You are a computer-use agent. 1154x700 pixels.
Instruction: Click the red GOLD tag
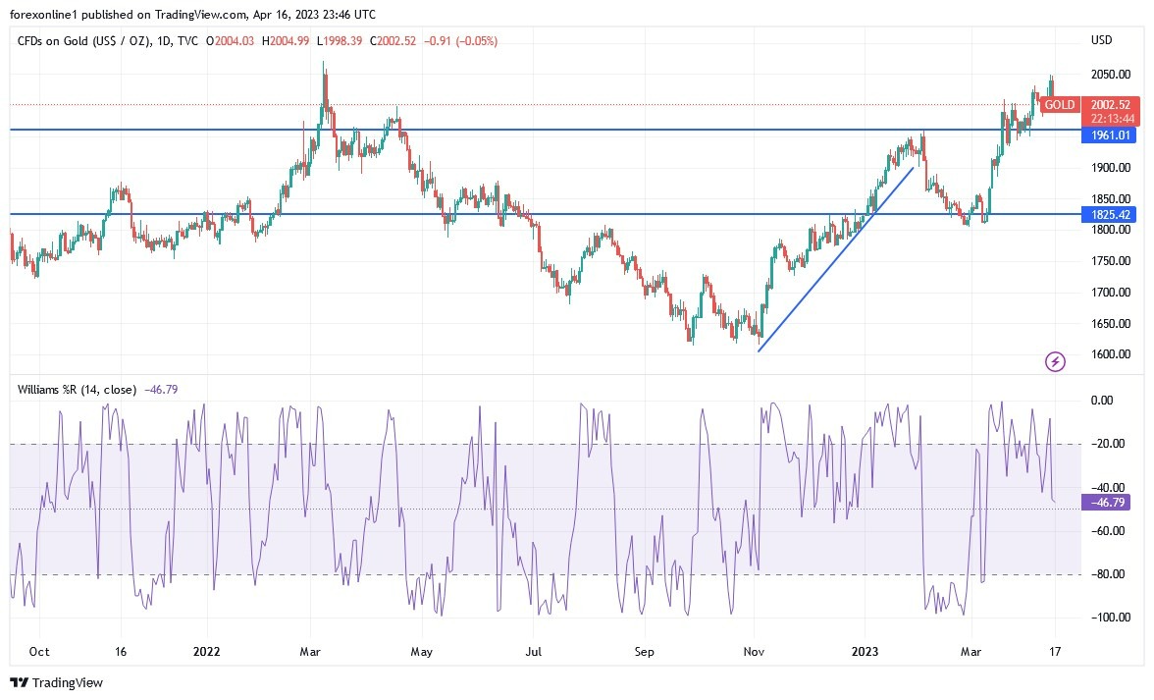coord(1060,105)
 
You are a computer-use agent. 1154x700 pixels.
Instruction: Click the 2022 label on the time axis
coord(207,650)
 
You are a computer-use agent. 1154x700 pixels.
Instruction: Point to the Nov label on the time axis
coord(754,650)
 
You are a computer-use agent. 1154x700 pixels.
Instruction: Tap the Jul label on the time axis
coord(533,650)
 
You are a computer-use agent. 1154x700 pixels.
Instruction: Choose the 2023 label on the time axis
coord(865,650)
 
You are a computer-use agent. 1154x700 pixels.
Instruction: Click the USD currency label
coord(1102,40)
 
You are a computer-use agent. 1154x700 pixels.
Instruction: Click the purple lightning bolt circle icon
coord(1055,362)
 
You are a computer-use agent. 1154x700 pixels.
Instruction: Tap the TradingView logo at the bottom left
coord(56,682)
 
